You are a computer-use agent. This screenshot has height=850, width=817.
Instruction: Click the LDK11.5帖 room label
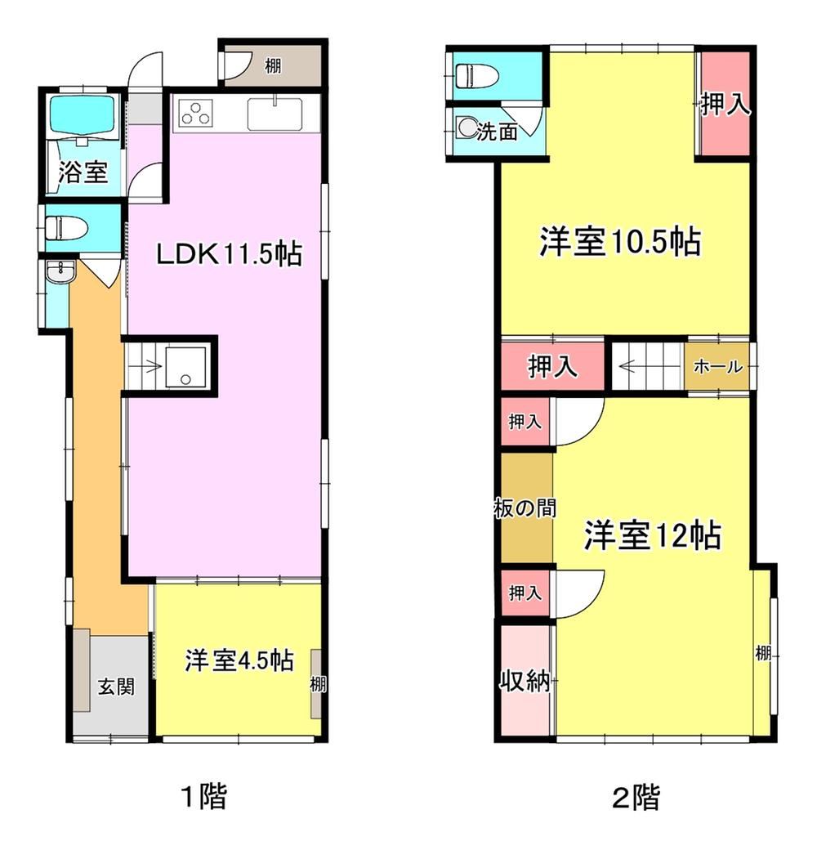coord(229,253)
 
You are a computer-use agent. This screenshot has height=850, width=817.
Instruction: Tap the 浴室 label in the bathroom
coord(83,172)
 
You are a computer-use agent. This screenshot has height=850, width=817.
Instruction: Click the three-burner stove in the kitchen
coord(194,114)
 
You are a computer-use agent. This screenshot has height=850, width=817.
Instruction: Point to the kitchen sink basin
coord(275,114)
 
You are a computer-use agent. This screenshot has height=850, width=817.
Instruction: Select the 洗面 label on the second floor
coord(497,132)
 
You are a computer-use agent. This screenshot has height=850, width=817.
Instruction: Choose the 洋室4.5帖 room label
coord(239,660)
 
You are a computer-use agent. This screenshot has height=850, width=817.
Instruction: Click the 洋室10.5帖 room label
coord(620,241)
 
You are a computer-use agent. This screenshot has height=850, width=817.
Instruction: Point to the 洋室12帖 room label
coord(652,535)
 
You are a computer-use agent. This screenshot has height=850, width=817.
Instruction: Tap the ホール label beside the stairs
coord(718,367)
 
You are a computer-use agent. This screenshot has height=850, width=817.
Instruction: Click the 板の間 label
coord(525,508)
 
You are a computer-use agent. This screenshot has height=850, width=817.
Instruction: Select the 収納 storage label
coord(525,680)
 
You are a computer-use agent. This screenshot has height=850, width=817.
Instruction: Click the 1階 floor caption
coord(203,796)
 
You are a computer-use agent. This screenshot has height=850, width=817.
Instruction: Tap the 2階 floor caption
coord(636,797)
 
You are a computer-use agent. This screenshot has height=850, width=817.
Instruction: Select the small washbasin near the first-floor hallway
coord(60,271)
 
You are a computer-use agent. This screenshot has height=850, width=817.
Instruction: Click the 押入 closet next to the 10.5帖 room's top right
coord(725,104)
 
